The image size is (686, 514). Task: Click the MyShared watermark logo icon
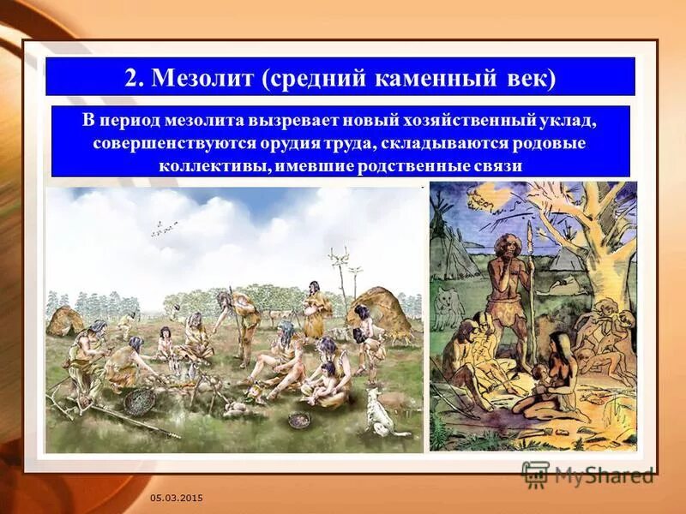[x=535, y=475]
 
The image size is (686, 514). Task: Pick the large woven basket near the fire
[x=140, y=400]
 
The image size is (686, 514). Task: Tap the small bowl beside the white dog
[x=299, y=420]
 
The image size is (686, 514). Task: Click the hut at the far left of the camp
[x=64, y=321]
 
